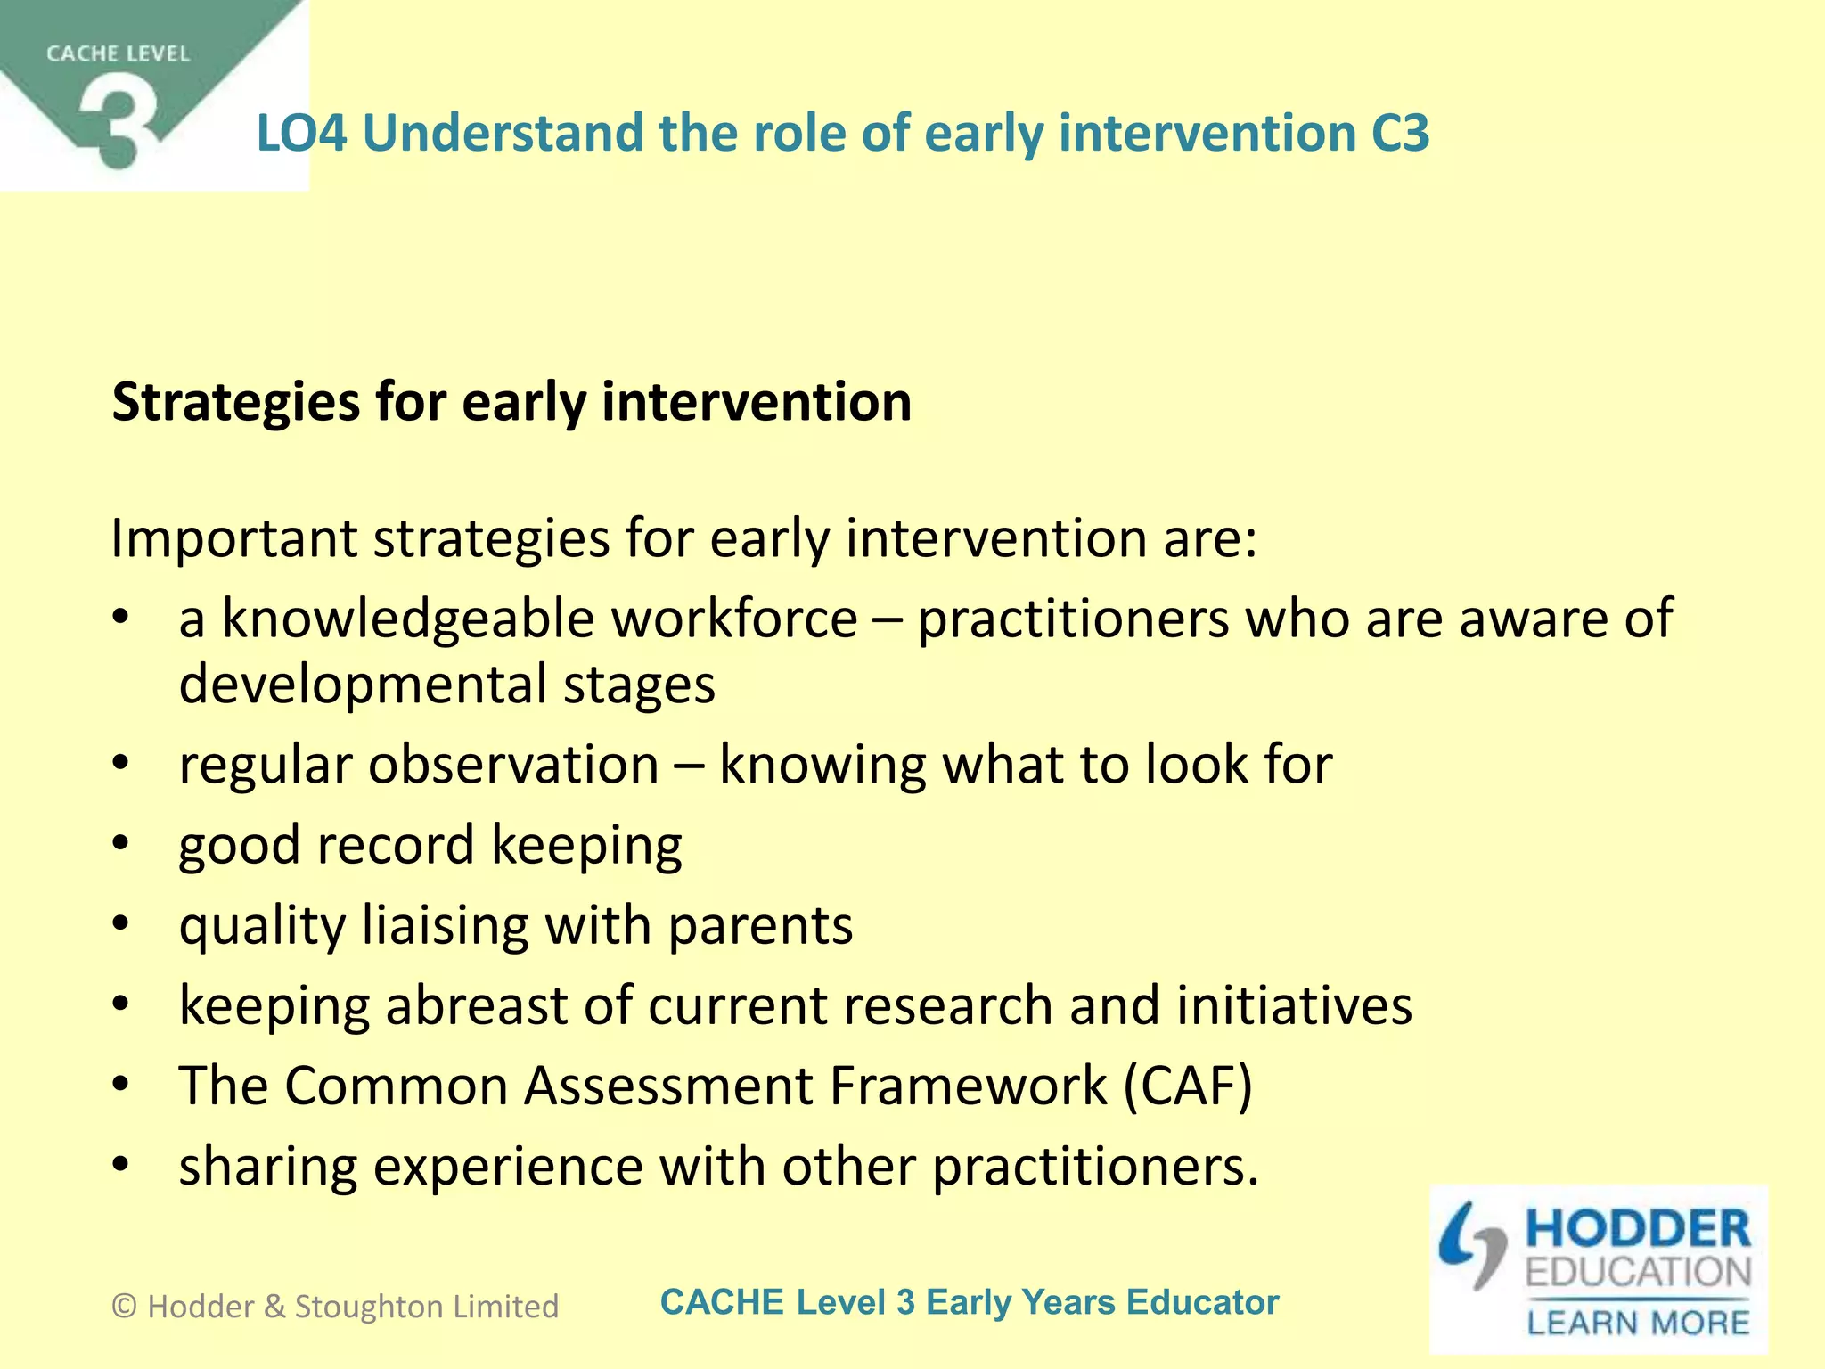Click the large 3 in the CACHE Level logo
(x=120, y=125)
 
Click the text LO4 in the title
(x=300, y=134)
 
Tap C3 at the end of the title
(x=1399, y=134)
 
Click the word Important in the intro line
(x=233, y=539)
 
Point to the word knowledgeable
(x=539, y=619)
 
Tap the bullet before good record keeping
(x=121, y=843)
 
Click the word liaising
(x=446, y=925)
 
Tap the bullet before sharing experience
(x=121, y=1164)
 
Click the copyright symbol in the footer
(x=125, y=1307)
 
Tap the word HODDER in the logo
(x=1638, y=1229)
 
